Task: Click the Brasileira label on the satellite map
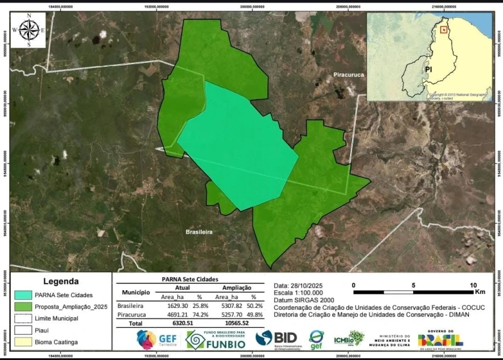coord(199,232)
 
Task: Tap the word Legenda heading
coord(61,281)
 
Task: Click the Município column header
coord(133,292)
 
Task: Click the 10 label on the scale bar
coord(473,285)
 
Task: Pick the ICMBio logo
coord(348,339)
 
